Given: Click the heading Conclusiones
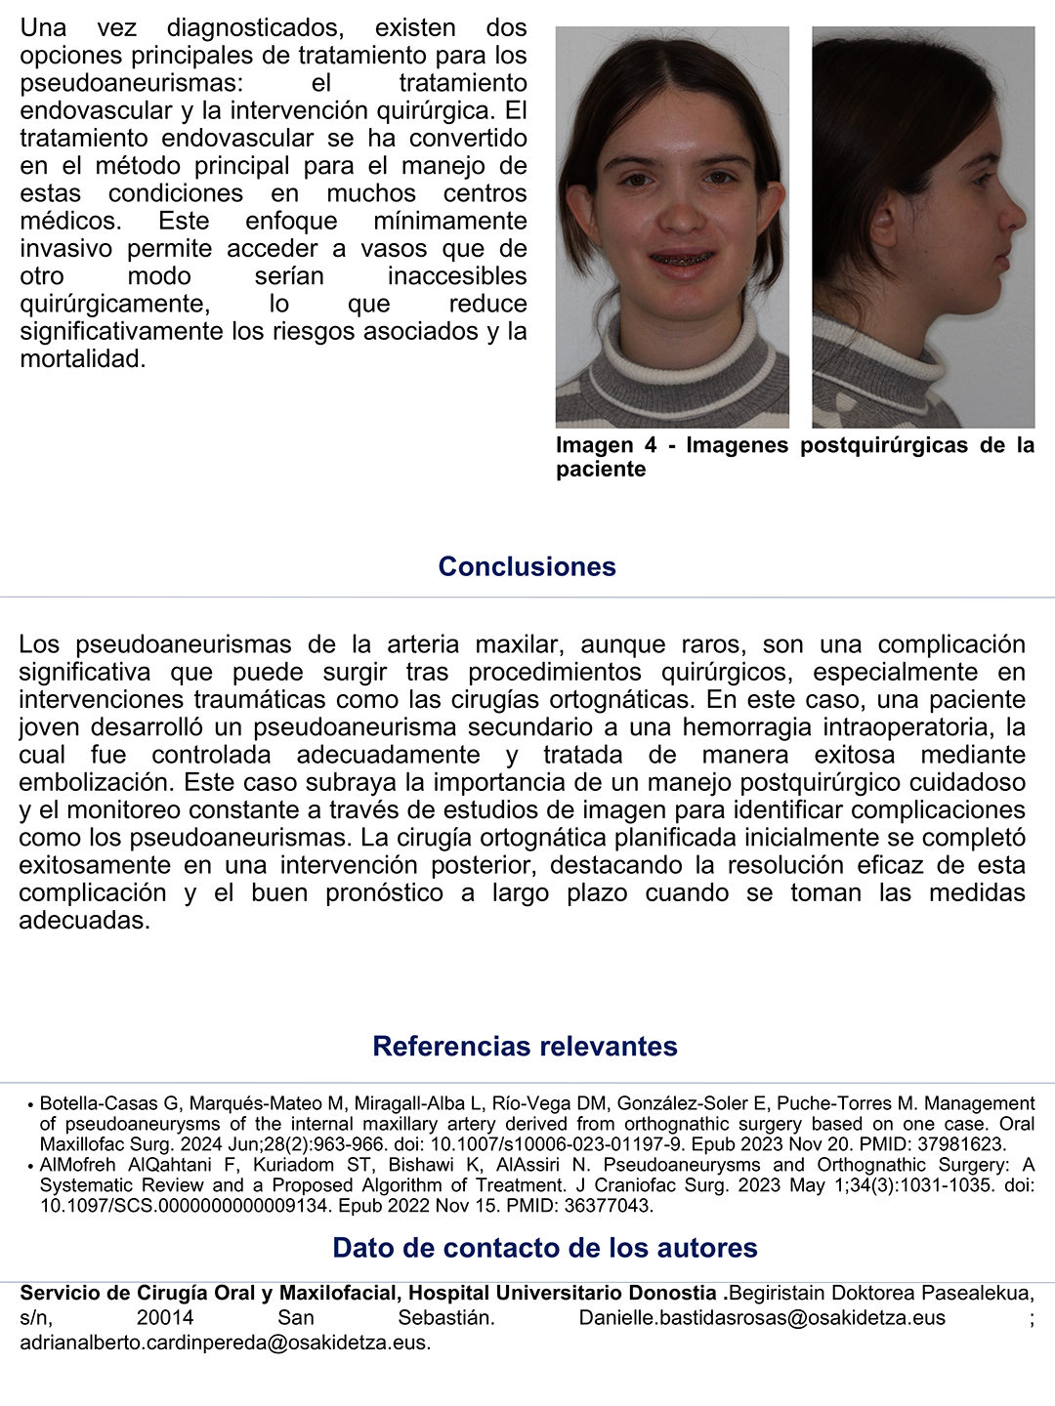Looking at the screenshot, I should [x=527, y=566].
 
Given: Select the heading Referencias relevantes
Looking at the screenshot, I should [x=525, y=1046].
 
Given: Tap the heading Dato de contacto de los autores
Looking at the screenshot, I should [x=544, y=1248].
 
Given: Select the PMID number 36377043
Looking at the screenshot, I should [x=606, y=1206].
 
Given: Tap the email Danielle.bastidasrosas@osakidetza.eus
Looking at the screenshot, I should [x=762, y=1318].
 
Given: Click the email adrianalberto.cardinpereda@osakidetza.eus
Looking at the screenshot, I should [x=224, y=1343].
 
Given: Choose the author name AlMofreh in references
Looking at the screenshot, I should [x=77, y=1165].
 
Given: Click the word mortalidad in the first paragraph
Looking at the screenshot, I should [x=81, y=359].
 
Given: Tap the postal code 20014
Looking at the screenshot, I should [x=164, y=1318].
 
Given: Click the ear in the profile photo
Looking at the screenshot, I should [x=883, y=223].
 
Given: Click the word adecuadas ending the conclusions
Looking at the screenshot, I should [x=84, y=920].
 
